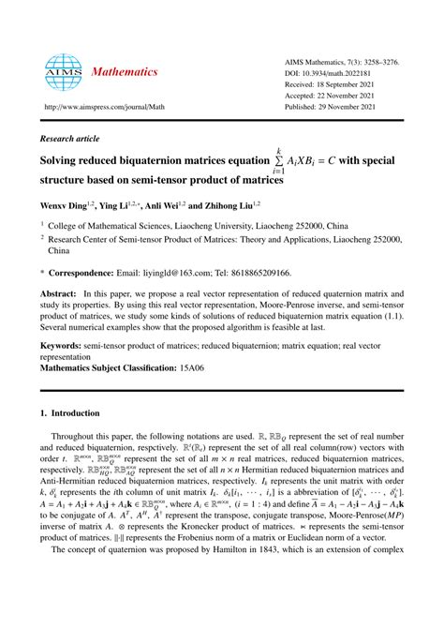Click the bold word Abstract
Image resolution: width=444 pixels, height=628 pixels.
point(55,293)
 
